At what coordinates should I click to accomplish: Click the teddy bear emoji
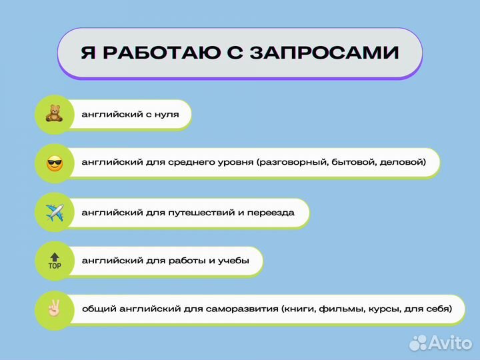tap(54, 114)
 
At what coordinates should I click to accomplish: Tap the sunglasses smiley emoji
tap(54, 163)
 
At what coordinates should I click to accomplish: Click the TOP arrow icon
tap(54, 261)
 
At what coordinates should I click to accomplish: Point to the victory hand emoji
tap(54, 309)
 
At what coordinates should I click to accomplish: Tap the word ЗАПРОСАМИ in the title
tap(325, 53)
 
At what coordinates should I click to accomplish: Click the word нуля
tap(167, 115)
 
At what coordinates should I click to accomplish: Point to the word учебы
tap(233, 261)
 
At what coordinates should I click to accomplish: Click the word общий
tap(97, 309)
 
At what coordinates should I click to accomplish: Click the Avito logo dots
tap(418, 343)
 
